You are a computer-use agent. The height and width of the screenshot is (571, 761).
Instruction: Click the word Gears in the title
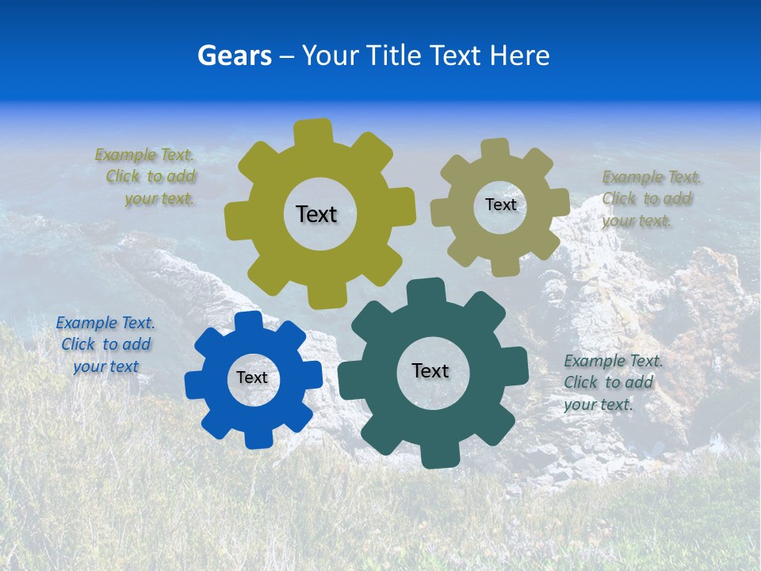point(234,56)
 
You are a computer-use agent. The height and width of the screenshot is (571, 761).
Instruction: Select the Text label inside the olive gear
point(316,214)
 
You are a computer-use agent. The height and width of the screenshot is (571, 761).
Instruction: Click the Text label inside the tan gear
point(500,205)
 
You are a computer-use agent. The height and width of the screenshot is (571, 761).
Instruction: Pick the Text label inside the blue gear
point(252,377)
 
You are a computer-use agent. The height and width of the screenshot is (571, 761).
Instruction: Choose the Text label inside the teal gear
point(430,370)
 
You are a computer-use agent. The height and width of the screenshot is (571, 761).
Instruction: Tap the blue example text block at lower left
point(105,344)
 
